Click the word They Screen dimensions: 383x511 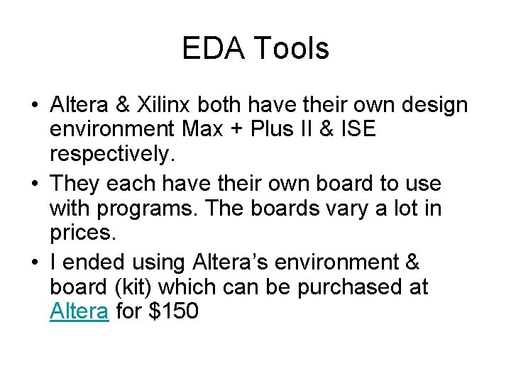point(76,184)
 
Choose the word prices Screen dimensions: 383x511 point(82,233)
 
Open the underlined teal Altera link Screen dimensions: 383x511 point(79,311)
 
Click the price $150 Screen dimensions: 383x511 point(173,311)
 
